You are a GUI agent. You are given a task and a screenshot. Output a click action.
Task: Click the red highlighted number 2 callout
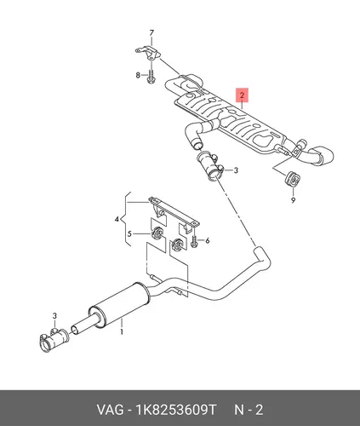click(x=242, y=95)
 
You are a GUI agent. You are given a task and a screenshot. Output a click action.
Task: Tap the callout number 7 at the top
click(x=151, y=33)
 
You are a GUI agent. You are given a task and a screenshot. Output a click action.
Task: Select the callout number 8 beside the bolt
click(x=138, y=75)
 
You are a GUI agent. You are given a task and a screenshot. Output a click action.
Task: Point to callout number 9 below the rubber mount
click(x=293, y=200)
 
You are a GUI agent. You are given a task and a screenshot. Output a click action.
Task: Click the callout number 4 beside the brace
click(x=117, y=219)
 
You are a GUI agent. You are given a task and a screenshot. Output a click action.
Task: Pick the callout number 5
click(x=129, y=234)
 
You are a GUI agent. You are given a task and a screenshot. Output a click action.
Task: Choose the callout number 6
click(x=208, y=241)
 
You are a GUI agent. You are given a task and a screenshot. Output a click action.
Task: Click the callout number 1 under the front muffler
click(x=122, y=331)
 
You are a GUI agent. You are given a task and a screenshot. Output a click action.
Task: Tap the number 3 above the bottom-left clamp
click(x=54, y=315)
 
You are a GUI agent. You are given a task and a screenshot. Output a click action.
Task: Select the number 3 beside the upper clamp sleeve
click(x=236, y=170)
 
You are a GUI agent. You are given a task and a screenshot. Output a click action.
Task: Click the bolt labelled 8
click(x=151, y=77)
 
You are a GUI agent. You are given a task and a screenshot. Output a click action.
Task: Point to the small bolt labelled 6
click(x=194, y=241)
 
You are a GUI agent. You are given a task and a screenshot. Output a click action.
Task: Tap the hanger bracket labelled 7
click(x=147, y=53)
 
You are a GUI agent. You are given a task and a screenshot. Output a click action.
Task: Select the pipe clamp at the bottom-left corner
click(x=53, y=340)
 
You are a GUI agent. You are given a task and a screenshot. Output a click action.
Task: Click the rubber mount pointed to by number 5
click(x=157, y=233)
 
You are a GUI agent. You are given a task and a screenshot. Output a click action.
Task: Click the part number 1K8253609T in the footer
click(x=176, y=410)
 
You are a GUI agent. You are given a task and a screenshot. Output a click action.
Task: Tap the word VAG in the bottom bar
click(x=111, y=410)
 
